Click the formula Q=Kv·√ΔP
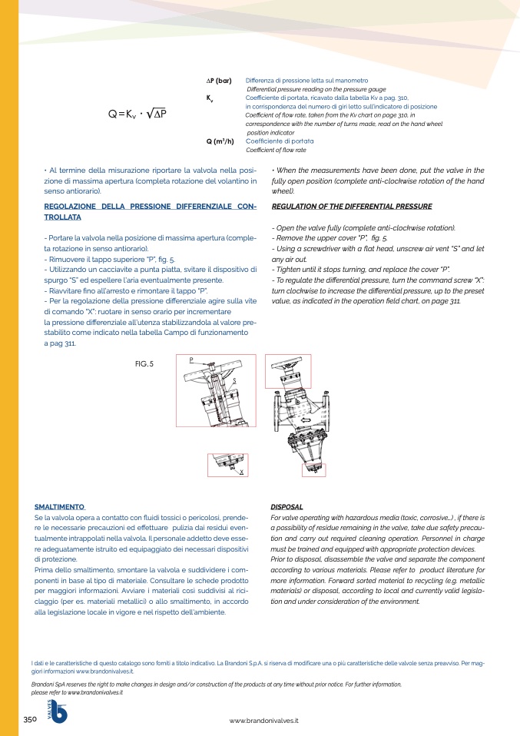pyautogui.click(x=137, y=114)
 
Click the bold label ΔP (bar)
pyautogui.click(x=219, y=81)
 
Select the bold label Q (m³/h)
pyautogui.click(x=220, y=141)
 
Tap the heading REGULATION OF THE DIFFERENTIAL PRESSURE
pyautogui.click(x=352, y=206)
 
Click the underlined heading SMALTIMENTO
pyautogui.click(x=60, y=507)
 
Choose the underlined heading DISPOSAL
pyautogui.click(x=286, y=507)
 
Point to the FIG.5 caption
pyautogui.click(x=144, y=364)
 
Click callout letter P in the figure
pyautogui.click(x=191, y=360)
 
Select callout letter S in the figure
pyautogui.click(x=235, y=381)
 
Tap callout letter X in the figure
pyautogui.click(x=242, y=472)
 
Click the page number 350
pyautogui.click(x=30, y=720)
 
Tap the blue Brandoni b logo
pyautogui.click(x=58, y=711)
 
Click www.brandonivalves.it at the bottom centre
pyautogui.click(x=263, y=721)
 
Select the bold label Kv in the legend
pyautogui.click(x=210, y=98)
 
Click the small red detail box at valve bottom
pyautogui.click(x=313, y=470)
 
